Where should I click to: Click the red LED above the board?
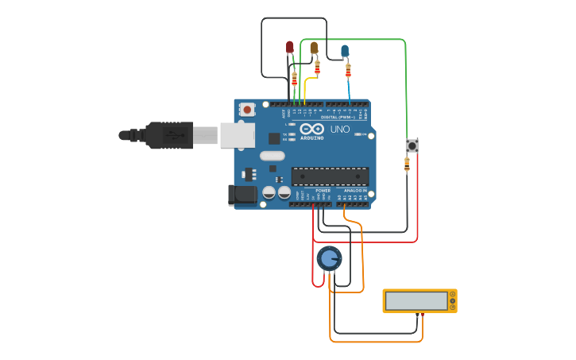click(289, 48)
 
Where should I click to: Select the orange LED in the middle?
click(314, 48)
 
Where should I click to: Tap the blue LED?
click(345, 51)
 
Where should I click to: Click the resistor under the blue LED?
click(348, 71)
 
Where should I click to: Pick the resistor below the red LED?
click(294, 79)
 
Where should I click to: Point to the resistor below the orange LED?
click(317, 67)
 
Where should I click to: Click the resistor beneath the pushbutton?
click(407, 165)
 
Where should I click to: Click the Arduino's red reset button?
click(247, 110)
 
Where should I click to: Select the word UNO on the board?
click(339, 129)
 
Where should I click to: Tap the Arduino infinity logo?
click(312, 129)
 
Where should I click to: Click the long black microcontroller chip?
click(330, 176)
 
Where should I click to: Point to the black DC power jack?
click(242, 195)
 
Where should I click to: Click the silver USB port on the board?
click(237, 135)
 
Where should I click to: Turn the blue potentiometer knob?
click(329, 258)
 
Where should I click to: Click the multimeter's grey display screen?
click(416, 300)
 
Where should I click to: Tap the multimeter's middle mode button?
click(453, 300)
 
